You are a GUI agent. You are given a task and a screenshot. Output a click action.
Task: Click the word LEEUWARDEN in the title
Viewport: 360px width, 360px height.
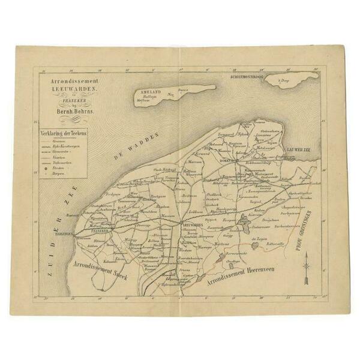pos(65,88)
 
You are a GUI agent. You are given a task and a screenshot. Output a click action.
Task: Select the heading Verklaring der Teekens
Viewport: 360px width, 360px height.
pos(62,133)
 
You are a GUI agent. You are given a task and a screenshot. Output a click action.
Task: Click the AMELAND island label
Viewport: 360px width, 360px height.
pos(148,91)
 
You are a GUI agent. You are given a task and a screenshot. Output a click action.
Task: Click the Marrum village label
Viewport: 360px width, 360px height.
pos(195,161)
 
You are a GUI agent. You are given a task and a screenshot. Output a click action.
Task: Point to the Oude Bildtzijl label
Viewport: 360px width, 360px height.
pos(164,170)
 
